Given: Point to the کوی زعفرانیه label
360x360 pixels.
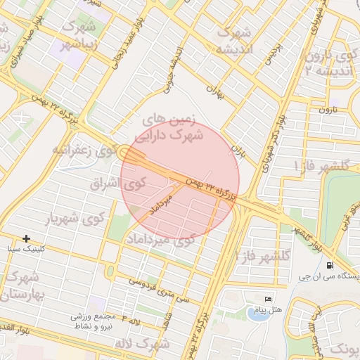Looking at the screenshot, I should (82, 150).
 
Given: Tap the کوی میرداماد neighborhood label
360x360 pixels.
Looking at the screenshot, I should (185, 240).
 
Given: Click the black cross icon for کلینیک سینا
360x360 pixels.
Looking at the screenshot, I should (27, 239).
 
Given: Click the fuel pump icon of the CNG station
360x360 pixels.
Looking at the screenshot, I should (330, 265).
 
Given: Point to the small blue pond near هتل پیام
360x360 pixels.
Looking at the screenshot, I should (257, 312).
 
